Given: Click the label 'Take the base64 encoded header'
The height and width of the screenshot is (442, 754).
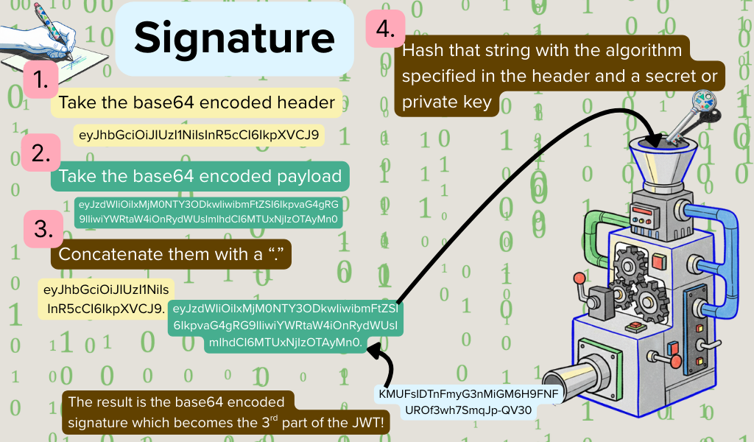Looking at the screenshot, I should click(197, 103).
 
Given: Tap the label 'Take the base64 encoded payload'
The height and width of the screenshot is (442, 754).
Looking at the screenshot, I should click(200, 177).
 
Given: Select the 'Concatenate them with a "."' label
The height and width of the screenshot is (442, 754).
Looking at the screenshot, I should click(171, 254).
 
